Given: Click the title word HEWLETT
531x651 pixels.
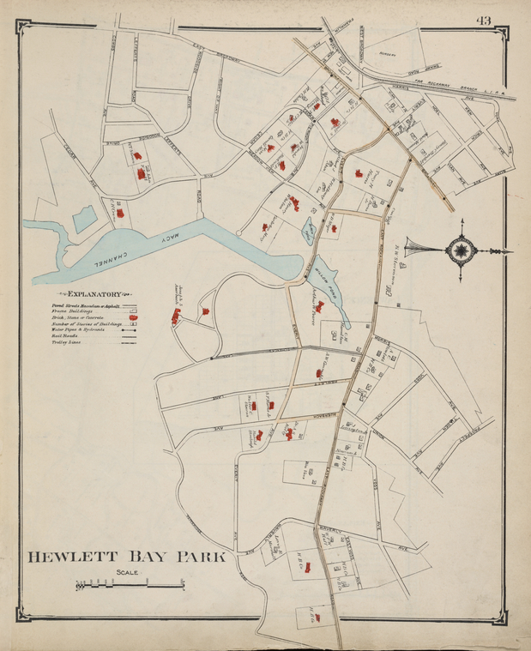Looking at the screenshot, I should point(72,557).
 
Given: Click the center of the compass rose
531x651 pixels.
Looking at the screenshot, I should point(462,250).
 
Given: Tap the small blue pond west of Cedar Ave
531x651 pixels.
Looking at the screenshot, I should point(84,219).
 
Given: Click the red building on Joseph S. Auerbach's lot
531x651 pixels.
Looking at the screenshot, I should point(177,318).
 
